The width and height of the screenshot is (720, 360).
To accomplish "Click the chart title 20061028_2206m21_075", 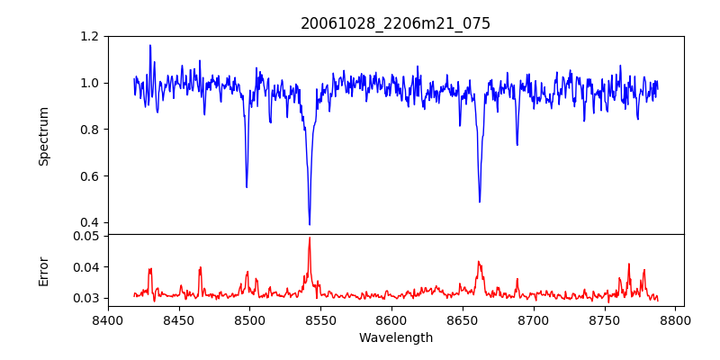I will [x=395, y=23].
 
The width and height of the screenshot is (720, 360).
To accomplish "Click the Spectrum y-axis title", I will [x=44, y=136].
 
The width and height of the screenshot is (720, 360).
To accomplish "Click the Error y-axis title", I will [x=44, y=271].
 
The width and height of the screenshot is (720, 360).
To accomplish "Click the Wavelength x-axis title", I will [x=395, y=338].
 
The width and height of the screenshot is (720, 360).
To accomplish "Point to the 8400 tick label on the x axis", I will [x=108, y=320].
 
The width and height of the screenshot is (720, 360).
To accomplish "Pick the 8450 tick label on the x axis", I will [x=179, y=320].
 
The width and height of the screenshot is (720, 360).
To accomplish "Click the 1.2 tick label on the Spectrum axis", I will [x=89, y=37].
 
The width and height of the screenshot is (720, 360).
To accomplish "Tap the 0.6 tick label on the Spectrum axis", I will [x=89, y=176].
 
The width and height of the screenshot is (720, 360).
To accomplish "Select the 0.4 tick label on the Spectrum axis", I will [x=89, y=222].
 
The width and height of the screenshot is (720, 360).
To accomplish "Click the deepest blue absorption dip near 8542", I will [x=310, y=224].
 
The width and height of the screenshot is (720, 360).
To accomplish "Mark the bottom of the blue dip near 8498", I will [x=247, y=186].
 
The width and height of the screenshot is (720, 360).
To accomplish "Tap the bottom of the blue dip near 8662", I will [x=480, y=202].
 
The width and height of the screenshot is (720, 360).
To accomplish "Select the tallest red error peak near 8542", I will [x=310, y=238].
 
